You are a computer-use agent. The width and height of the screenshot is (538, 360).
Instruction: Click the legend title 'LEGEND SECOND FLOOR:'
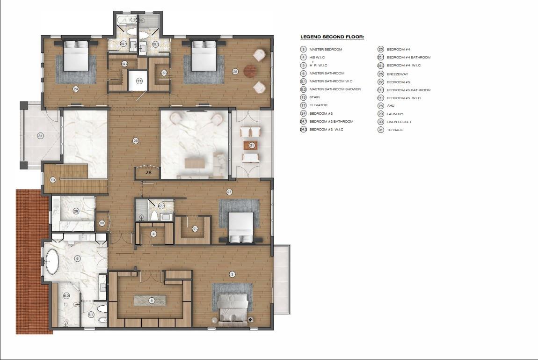(332, 37)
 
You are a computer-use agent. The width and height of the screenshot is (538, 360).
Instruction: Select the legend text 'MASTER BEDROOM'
(326, 49)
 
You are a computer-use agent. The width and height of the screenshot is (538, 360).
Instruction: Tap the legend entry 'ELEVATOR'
(318, 105)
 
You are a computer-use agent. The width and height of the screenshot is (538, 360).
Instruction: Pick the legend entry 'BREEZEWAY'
(397, 74)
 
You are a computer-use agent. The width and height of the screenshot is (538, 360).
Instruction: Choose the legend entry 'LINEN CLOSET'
(399, 122)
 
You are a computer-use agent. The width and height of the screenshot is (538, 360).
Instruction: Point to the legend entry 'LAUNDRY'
(395, 114)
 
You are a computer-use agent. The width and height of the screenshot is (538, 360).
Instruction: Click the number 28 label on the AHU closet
(148, 172)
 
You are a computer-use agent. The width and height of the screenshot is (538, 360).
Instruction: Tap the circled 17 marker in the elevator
(139, 81)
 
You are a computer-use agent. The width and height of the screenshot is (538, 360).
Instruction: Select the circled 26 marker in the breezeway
(135, 140)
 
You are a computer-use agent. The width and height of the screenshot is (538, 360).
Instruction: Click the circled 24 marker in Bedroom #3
(75, 88)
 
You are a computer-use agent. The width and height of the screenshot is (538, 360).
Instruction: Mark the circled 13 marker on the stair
(53, 179)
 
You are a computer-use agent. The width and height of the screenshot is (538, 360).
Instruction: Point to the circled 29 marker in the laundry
(76, 211)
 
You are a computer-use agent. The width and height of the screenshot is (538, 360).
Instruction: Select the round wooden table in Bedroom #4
(251, 72)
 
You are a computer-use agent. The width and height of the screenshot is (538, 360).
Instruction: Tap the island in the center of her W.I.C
(150, 300)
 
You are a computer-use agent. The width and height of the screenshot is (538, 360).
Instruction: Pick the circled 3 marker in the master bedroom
(231, 274)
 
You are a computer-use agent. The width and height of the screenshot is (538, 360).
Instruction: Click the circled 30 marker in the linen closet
(102, 223)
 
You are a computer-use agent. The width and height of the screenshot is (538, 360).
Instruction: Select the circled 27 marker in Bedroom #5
(229, 191)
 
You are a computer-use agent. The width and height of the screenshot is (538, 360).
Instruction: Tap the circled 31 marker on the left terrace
(40, 136)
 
